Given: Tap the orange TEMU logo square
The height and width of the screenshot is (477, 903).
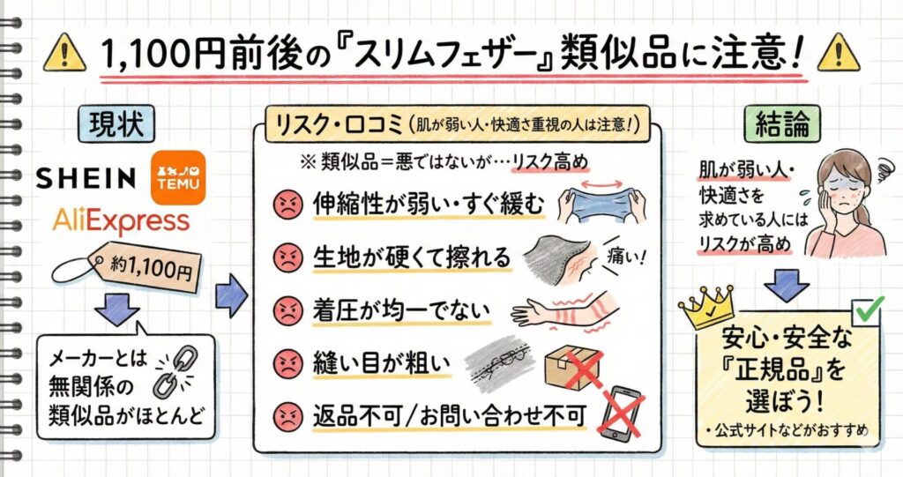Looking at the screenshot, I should pyautogui.click(x=178, y=175).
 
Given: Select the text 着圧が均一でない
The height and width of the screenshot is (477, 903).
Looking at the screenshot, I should pyautogui.click(x=402, y=311).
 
